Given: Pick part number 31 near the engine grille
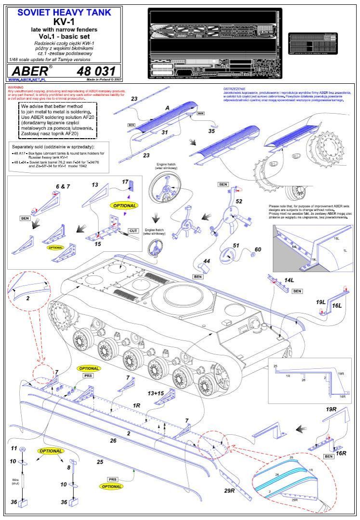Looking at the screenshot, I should pos(164,132).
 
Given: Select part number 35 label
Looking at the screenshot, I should pos(212,130).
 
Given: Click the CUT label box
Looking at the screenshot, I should pos(133,231).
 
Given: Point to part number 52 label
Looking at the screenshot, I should pos(239,201).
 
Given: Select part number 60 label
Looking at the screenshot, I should pos(258,249).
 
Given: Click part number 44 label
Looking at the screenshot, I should pos(207,260).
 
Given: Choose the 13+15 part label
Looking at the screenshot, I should pos(157,393).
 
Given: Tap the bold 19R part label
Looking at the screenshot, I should pos(331,409).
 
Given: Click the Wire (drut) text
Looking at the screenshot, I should pos(15,481).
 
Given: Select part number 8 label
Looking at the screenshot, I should pos(69,467).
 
